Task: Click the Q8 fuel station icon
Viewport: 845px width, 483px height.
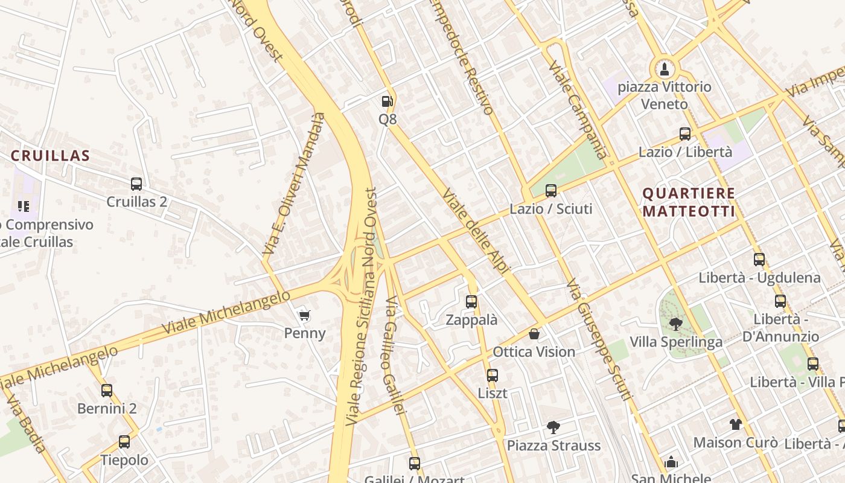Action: [x=387, y=101]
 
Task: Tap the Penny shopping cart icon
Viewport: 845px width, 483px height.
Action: [x=305, y=315]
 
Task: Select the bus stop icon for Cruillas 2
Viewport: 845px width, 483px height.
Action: [x=136, y=184]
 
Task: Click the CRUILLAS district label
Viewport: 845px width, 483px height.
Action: [x=51, y=156]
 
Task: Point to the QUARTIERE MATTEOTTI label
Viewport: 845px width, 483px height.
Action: [x=689, y=202]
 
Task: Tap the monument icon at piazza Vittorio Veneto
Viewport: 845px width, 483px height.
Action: [x=665, y=68]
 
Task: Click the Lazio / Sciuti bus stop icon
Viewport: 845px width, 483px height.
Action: [x=551, y=191]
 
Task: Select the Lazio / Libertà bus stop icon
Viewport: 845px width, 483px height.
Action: [x=685, y=134]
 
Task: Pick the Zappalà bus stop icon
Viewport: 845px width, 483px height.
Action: [x=471, y=302]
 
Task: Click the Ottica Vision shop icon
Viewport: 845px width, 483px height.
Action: [x=534, y=334]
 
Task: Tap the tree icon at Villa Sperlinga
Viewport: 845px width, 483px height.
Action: [x=675, y=324]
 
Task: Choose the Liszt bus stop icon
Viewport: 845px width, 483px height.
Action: [x=493, y=376]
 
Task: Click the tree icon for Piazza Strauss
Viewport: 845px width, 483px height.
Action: [x=553, y=427]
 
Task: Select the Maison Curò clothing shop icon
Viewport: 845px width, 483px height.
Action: [x=735, y=424]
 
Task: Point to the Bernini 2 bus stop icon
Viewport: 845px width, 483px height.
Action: [x=107, y=391]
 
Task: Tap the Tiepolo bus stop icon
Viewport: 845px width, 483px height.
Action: [x=124, y=442]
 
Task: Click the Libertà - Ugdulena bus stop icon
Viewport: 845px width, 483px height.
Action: [x=759, y=260]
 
